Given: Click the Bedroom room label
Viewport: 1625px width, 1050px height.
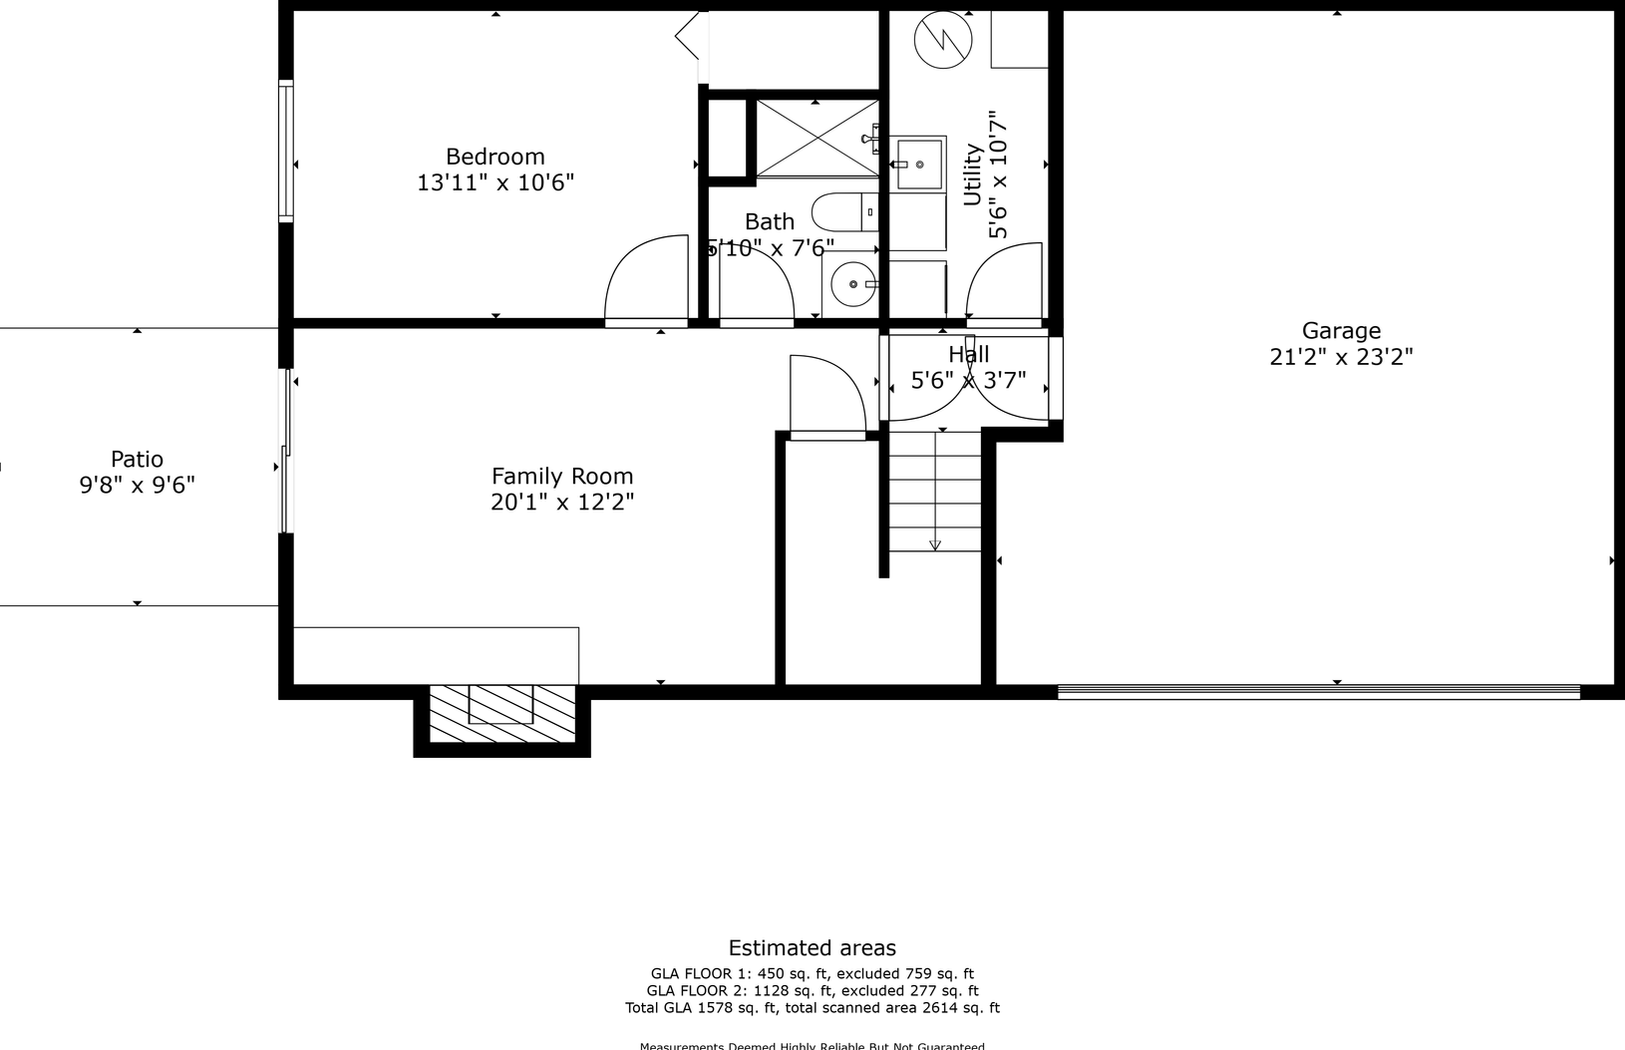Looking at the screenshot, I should coord(494,157).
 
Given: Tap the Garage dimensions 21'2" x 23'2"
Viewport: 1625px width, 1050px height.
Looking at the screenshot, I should coord(1341,357).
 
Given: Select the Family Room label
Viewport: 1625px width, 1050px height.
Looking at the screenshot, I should coord(562,477).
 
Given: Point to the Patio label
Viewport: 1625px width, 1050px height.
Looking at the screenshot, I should coord(137,459).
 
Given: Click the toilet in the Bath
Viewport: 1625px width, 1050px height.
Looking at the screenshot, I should coord(842,211).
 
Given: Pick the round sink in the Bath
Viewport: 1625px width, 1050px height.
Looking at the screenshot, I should coord(853,284).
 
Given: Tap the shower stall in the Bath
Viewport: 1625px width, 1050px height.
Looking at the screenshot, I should coord(816,139).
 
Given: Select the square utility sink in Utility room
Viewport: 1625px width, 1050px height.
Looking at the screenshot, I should coord(918,164).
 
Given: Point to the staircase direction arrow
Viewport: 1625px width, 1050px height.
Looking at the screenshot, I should coord(935,544).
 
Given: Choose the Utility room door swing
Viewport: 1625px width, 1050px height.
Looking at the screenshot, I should coord(1005,282).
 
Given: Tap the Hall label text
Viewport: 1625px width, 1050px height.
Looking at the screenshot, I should coord(968,354).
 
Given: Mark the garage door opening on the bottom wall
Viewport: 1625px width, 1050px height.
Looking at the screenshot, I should coord(1318,691).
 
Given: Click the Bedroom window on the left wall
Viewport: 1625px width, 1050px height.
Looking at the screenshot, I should coord(286,151).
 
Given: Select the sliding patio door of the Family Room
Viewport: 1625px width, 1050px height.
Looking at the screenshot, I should coord(286,451).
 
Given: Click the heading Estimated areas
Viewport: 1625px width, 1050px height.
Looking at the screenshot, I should coord(812,948).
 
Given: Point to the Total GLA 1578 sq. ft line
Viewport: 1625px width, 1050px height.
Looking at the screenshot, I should coord(812,1008).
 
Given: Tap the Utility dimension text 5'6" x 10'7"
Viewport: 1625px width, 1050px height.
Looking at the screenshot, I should coord(999,175).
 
